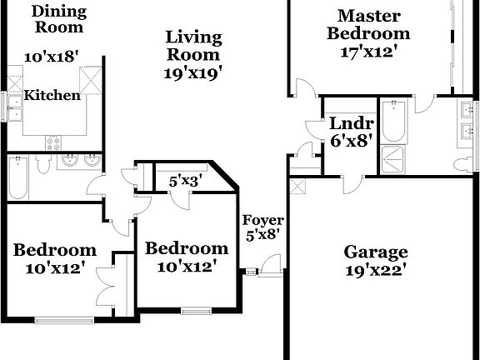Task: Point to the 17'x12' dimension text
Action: tap(368, 52)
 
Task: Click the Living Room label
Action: tap(193, 46)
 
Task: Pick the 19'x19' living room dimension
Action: tap(193, 73)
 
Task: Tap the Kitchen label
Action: tap(52, 96)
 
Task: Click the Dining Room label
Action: tap(58, 19)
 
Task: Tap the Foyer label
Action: tap(263, 220)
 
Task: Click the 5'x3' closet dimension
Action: tap(186, 180)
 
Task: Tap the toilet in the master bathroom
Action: tap(462, 163)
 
